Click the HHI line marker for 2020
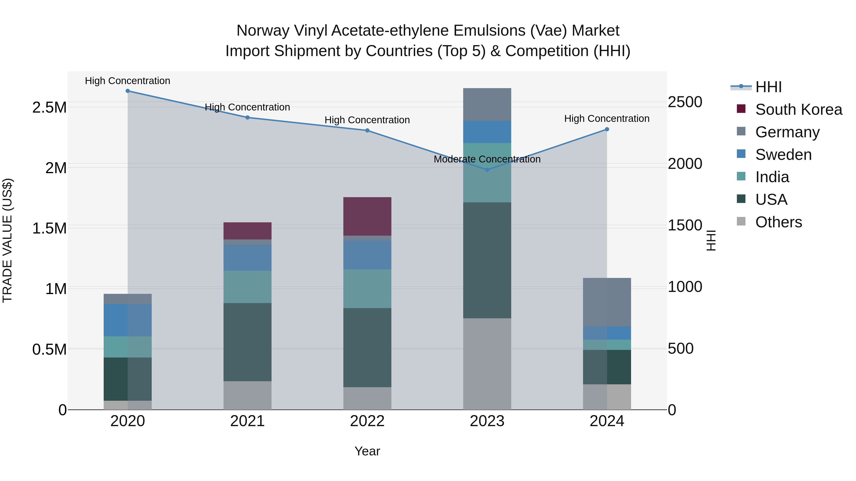(x=128, y=91)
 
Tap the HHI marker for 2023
(x=487, y=170)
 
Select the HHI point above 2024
(x=607, y=129)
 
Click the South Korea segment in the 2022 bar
(x=367, y=216)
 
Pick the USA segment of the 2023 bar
(x=487, y=260)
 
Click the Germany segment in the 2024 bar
(x=607, y=302)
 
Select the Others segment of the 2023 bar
(x=487, y=364)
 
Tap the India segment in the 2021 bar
(x=248, y=287)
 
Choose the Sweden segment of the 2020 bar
(x=128, y=320)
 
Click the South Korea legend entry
(x=798, y=110)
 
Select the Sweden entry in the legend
(x=783, y=155)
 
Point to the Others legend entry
(x=778, y=222)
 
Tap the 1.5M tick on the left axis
(x=49, y=228)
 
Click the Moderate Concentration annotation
(x=487, y=159)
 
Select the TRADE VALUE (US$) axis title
(x=7, y=240)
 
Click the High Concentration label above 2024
(x=607, y=119)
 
